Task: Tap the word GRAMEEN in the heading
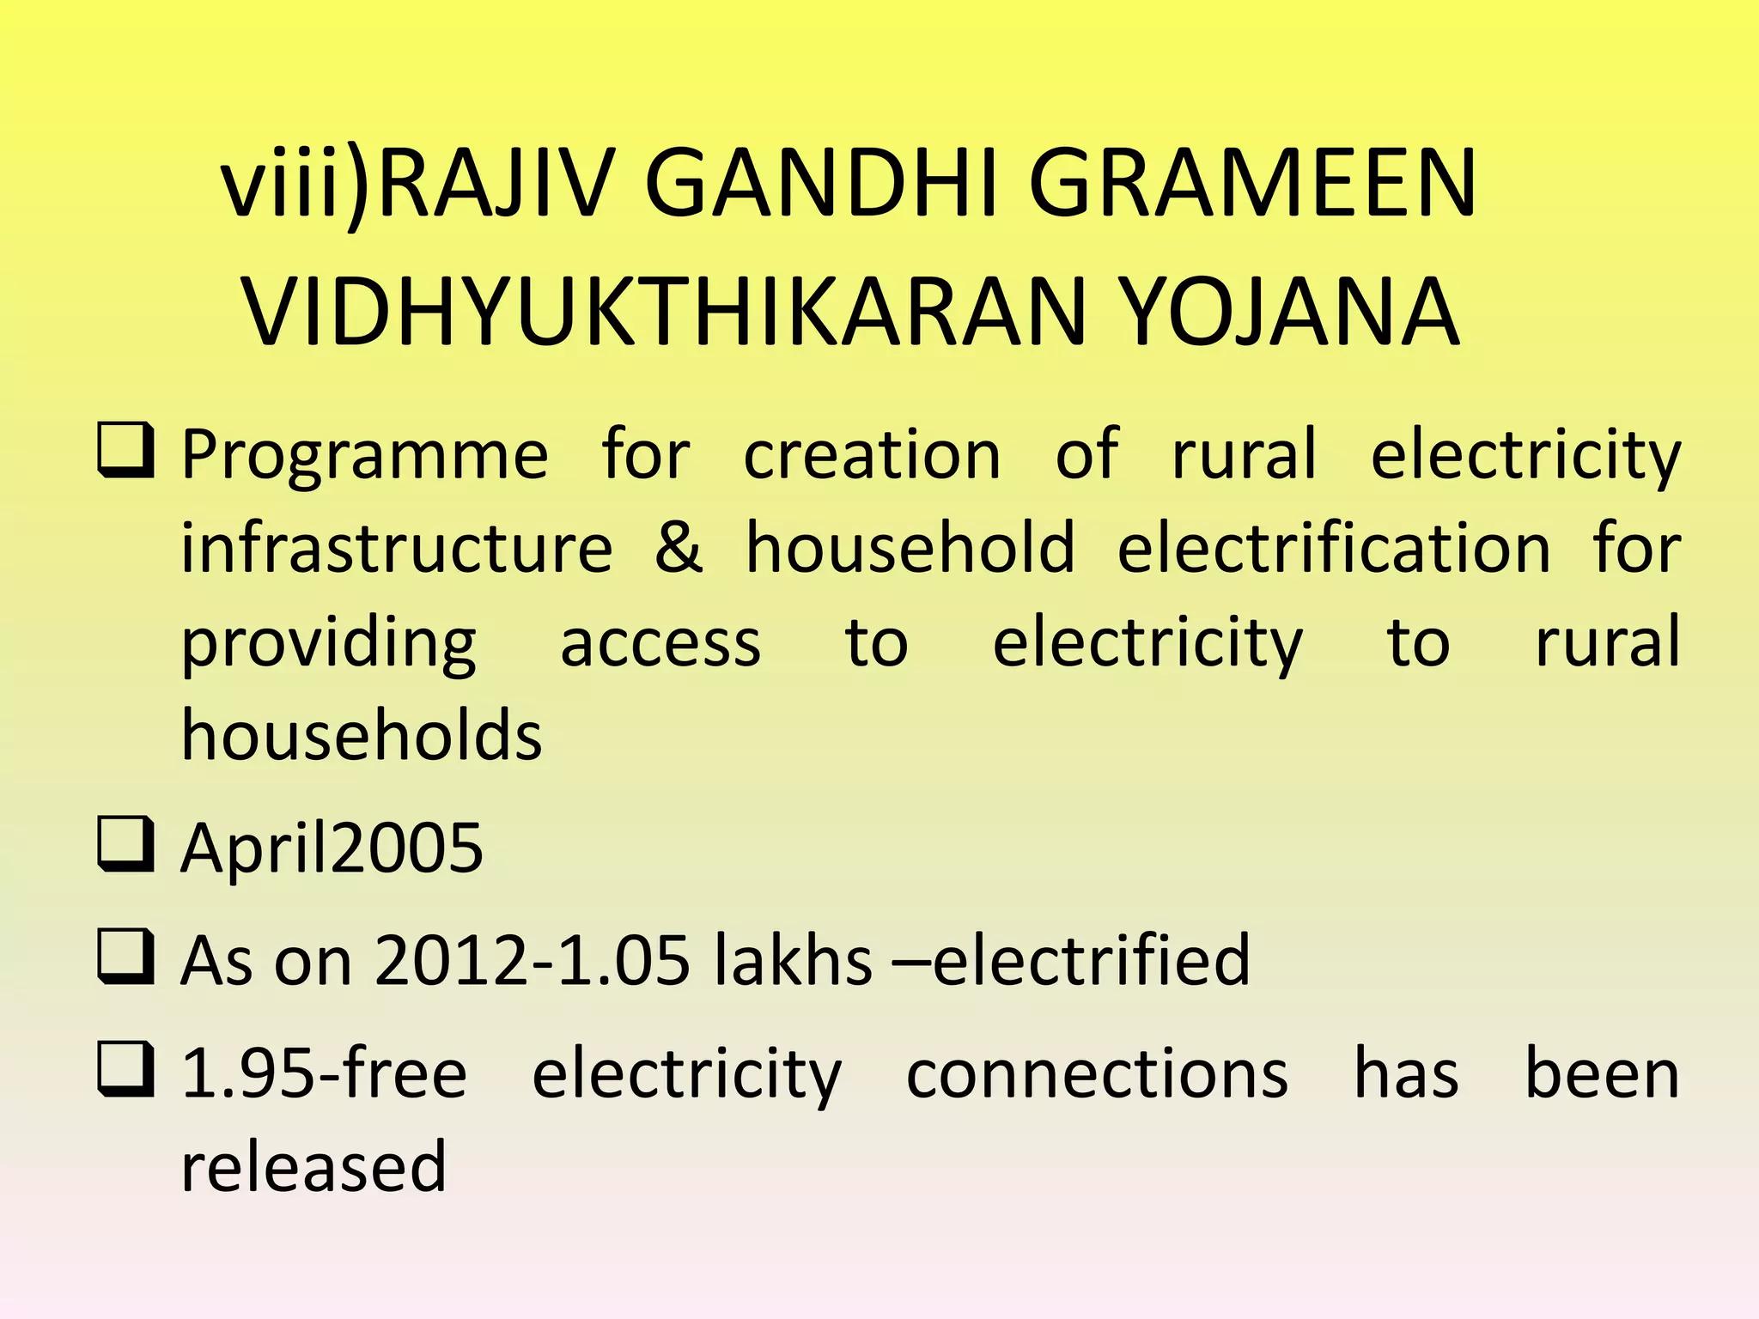(x=1252, y=184)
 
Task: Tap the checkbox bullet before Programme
(x=125, y=450)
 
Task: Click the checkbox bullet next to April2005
(x=125, y=844)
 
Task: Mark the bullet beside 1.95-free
(x=125, y=1069)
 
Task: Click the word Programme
(x=364, y=455)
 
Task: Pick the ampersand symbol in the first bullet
(x=679, y=548)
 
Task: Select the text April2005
(x=332, y=848)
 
